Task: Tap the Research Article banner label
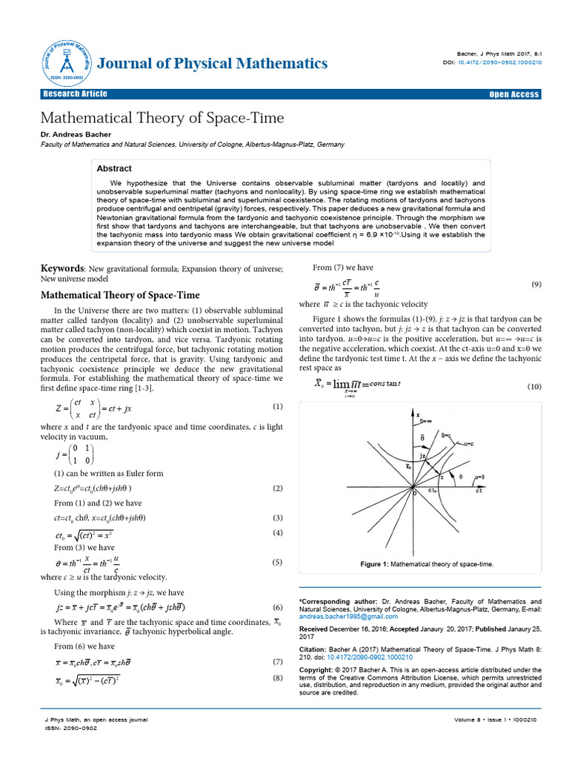pos(75,93)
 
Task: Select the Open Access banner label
pos(514,94)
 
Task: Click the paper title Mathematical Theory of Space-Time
pos(162,118)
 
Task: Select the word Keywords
pos(61,268)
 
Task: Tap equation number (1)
pos(278,406)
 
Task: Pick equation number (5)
pos(278,562)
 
